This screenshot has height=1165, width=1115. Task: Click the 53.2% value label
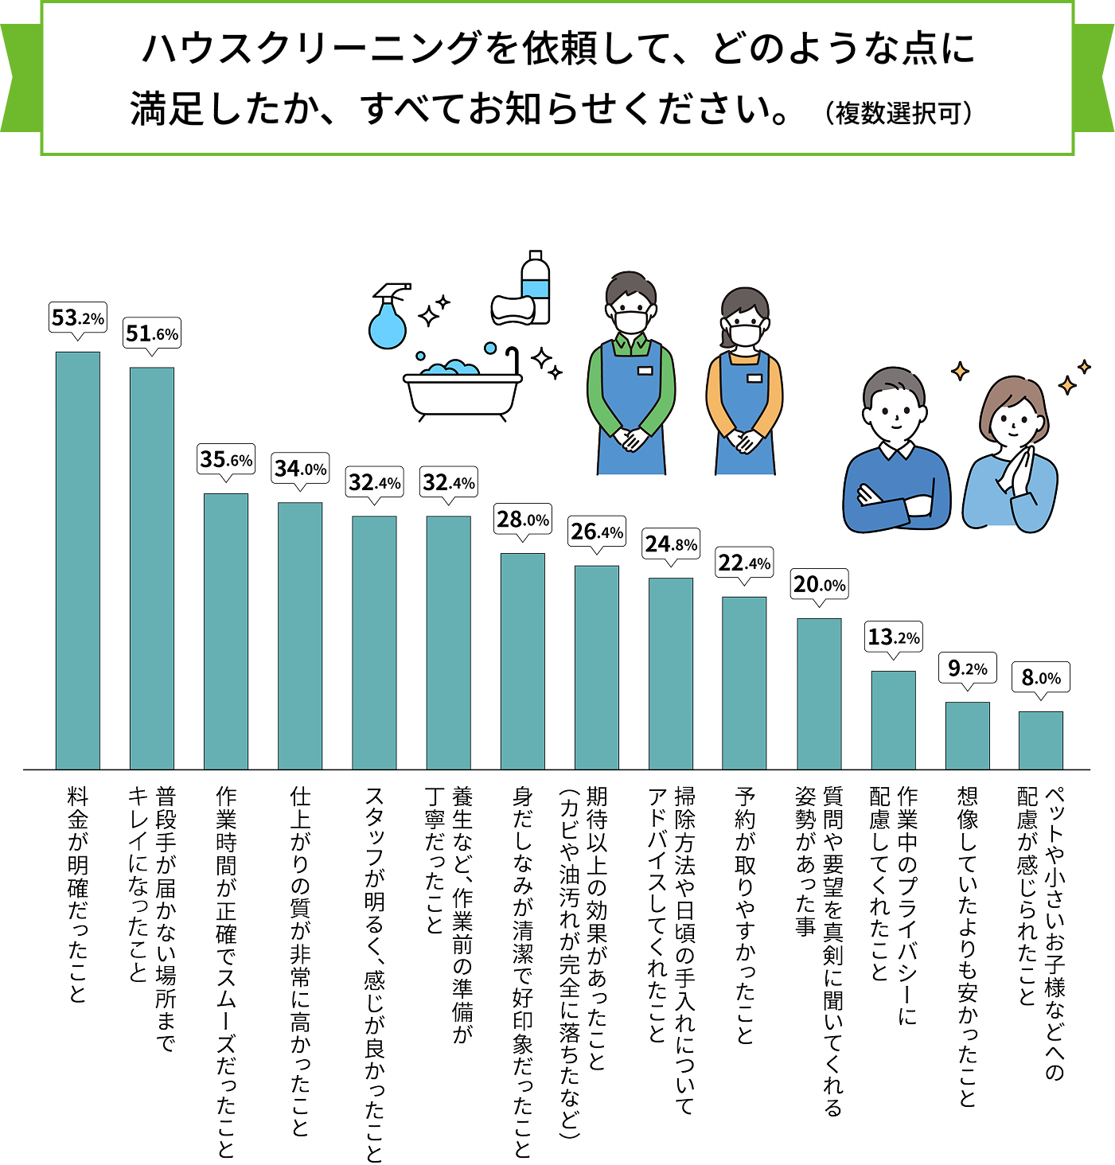[78, 318]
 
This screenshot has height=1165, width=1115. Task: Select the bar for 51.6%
[152, 568]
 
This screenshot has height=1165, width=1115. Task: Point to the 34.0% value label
[300, 469]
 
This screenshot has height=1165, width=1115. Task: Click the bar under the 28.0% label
[523, 661]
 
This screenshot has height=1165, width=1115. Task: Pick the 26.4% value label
[597, 532]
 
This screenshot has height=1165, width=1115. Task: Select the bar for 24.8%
[671, 673]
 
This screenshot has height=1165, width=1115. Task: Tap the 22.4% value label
[744, 563]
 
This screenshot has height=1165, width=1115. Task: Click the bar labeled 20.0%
[819, 694]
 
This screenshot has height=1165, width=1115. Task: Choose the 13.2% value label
[894, 637]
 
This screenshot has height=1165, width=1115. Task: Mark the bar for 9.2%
[968, 735]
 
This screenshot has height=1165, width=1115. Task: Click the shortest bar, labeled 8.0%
[1041, 740]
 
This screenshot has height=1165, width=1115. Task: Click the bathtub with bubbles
[462, 386]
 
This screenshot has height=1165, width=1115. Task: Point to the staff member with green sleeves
[631, 374]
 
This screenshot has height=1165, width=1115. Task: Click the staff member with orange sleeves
[744, 382]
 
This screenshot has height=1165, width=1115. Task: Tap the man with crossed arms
[896, 454]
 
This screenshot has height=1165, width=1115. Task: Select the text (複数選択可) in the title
[899, 113]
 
